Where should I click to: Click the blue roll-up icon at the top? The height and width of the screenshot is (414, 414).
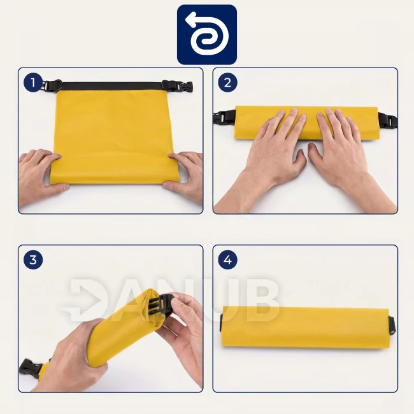(207, 34)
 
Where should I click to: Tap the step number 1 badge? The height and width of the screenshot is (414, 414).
(33, 83)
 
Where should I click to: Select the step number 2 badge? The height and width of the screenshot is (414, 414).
(227, 83)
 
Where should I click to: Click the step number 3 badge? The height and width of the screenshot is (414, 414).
(33, 260)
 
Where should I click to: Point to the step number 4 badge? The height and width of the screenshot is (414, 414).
(227, 260)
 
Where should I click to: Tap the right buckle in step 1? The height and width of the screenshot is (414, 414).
(178, 86)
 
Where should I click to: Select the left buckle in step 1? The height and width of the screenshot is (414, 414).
(52, 85)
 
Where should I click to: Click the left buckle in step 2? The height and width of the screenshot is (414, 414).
(224, 118)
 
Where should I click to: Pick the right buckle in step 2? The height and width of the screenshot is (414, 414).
(388, 120)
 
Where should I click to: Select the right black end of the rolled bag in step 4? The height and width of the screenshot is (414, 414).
(392, 326)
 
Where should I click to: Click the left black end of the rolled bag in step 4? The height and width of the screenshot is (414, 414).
(222, 322)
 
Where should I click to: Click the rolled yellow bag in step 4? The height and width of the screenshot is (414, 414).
(306, 327)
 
